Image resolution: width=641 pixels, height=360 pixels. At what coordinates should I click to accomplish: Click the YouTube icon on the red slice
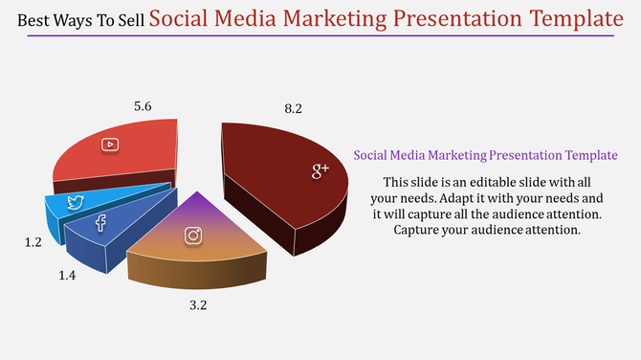click(x=111, y=145)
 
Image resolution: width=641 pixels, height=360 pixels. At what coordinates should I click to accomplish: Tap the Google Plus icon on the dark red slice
click(x=320, y=170)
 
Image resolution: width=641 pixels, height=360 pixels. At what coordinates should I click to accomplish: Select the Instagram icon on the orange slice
click(x=194, y=236)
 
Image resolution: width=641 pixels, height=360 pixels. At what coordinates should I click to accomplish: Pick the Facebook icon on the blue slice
click(x=100, y=223)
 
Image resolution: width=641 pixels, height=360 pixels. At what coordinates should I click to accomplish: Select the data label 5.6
click(x=143, y=107)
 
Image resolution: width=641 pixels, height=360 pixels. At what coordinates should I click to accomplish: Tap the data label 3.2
click(x=197, y=305)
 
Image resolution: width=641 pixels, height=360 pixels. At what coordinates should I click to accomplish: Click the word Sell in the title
click(x=132, y=21)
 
